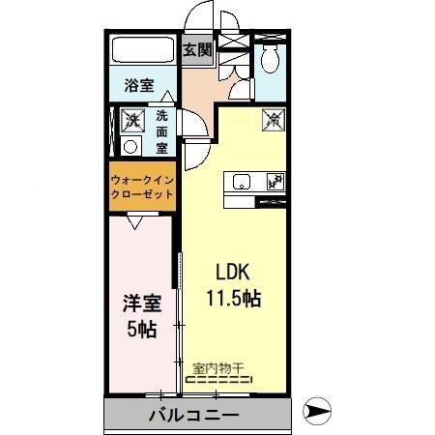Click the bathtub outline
[141, 51]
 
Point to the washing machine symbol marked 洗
[130, 121]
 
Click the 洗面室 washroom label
[161, 130]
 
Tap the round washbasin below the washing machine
[130, 148]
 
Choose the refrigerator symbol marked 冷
[275, 120]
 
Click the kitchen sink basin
[240, 181]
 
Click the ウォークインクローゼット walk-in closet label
[142, 187]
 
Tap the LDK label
[232, 271]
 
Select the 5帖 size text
[141, 330]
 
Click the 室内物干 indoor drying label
[218, 366]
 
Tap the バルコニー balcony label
[193, 417]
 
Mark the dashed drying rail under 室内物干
[218, 379]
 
